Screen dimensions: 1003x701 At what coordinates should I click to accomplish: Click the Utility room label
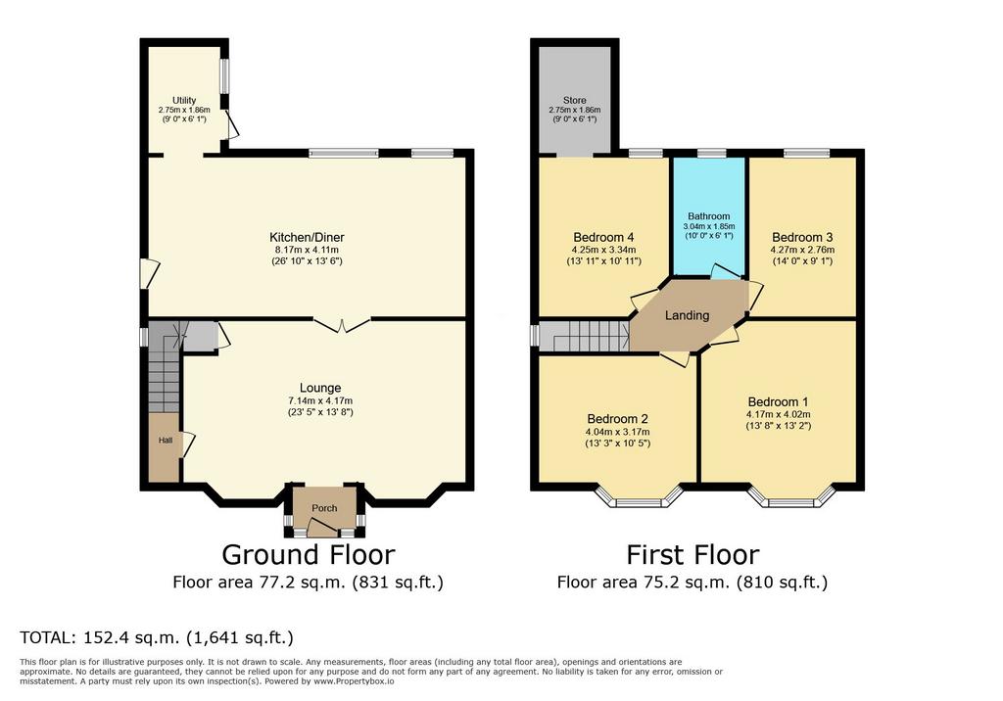184,101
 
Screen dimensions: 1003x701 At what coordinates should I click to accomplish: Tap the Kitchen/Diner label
307,237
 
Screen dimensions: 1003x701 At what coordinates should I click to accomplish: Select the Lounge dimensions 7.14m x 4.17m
320,401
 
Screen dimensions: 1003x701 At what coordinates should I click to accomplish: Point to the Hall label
166,440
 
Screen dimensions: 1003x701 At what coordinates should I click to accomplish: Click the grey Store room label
574,101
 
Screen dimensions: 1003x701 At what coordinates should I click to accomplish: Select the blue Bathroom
709,217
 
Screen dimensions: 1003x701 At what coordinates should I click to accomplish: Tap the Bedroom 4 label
603,237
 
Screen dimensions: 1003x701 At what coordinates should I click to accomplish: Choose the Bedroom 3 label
802,237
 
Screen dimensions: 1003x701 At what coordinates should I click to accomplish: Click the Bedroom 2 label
618,419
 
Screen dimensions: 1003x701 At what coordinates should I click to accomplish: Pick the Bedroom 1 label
778,402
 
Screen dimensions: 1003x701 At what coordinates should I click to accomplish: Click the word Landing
687,315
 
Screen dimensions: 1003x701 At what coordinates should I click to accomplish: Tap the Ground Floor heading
309,554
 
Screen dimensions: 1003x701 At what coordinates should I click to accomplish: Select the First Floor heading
693,554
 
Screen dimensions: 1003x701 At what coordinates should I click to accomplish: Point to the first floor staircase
584,337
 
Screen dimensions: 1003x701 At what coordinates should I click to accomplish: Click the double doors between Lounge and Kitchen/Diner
342,324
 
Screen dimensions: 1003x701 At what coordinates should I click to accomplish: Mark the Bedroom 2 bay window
639,497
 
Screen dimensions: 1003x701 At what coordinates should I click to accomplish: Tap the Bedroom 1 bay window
791,497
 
